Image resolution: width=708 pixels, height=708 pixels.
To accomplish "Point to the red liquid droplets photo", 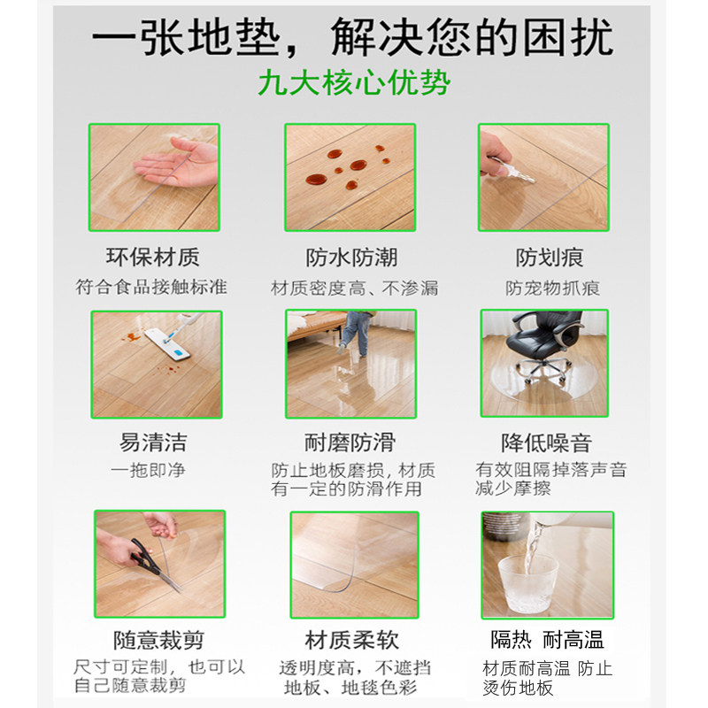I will point(349,177).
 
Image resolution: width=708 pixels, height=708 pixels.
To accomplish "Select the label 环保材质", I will point(153,258).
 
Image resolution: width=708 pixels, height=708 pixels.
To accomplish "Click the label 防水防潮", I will point(351,258).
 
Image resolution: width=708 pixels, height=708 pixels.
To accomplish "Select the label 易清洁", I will point(153,442).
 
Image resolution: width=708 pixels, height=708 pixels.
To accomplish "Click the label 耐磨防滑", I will point(350,442).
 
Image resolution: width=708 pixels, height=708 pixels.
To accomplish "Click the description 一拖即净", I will point(148,470).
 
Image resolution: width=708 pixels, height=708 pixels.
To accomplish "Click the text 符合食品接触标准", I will point(151,287).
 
